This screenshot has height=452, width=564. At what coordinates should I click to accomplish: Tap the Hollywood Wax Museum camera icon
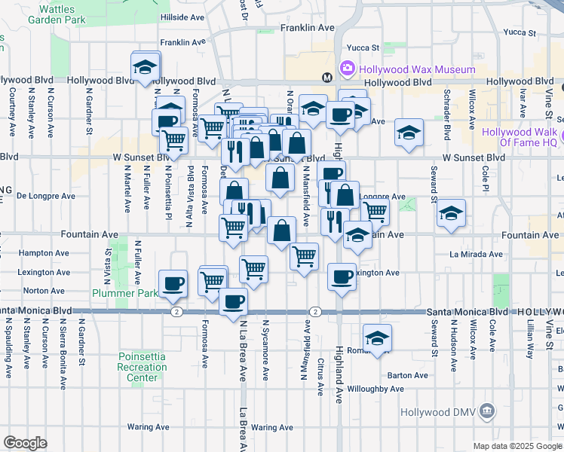348,69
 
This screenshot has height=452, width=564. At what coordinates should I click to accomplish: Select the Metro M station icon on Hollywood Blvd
327,77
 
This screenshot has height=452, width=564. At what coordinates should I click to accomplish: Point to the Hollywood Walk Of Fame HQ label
520,137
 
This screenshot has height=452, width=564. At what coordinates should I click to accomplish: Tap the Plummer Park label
117,292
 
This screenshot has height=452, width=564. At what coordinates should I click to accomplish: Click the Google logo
25,442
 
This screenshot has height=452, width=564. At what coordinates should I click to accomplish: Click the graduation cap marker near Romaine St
378,337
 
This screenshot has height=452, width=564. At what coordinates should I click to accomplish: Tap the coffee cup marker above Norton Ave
173,282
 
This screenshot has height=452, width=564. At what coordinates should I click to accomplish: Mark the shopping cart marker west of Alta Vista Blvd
174,139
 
